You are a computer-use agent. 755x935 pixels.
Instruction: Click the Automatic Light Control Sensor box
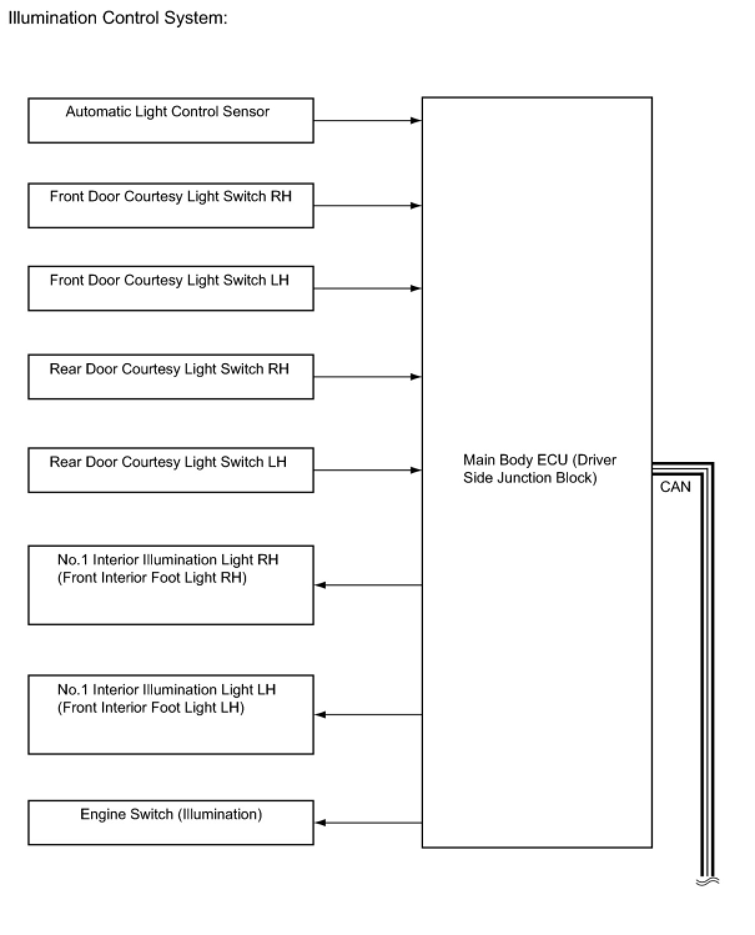[x=170, y=120]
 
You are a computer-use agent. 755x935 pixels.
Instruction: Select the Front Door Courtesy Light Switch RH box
[x=170, y=205]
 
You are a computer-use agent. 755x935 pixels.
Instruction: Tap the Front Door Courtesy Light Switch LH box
[x=170, y=288]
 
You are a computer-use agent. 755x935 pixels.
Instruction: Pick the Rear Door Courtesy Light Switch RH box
[x=170, y=377]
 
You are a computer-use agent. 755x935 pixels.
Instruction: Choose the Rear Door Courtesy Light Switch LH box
[x=170, y=470]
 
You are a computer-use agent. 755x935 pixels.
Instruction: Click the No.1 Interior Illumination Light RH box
[x=170, y=585]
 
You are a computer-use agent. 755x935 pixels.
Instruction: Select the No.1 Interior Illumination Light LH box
[x=170, y=715]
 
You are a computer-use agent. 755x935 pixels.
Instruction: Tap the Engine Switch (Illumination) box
[x=170, y=823]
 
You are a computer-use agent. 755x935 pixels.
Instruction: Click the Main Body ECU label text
[x=539, y=469]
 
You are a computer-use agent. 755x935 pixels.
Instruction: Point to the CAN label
[x=675, y=487]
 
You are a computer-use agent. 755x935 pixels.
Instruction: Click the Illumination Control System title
[x=118, y=18]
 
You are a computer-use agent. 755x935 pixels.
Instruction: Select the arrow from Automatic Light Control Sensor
[x=368, y=120]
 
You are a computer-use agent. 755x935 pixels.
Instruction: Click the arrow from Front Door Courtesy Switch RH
[x=368, y=205]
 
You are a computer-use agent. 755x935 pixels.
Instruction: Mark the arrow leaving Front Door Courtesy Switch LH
[x=368, y=288]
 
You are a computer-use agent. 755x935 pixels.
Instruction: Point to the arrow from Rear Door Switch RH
[x=368, y=377]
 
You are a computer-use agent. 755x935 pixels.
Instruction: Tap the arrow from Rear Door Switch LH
[x=368, y=470]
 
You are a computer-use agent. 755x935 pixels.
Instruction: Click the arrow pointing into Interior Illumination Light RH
[x=368, y=585]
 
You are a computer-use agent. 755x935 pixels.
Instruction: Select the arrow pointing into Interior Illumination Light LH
[x=368, y=715]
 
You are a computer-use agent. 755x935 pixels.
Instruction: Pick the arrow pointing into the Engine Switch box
[x=368, y=823]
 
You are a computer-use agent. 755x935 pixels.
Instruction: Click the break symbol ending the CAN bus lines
[x=708, y=881]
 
